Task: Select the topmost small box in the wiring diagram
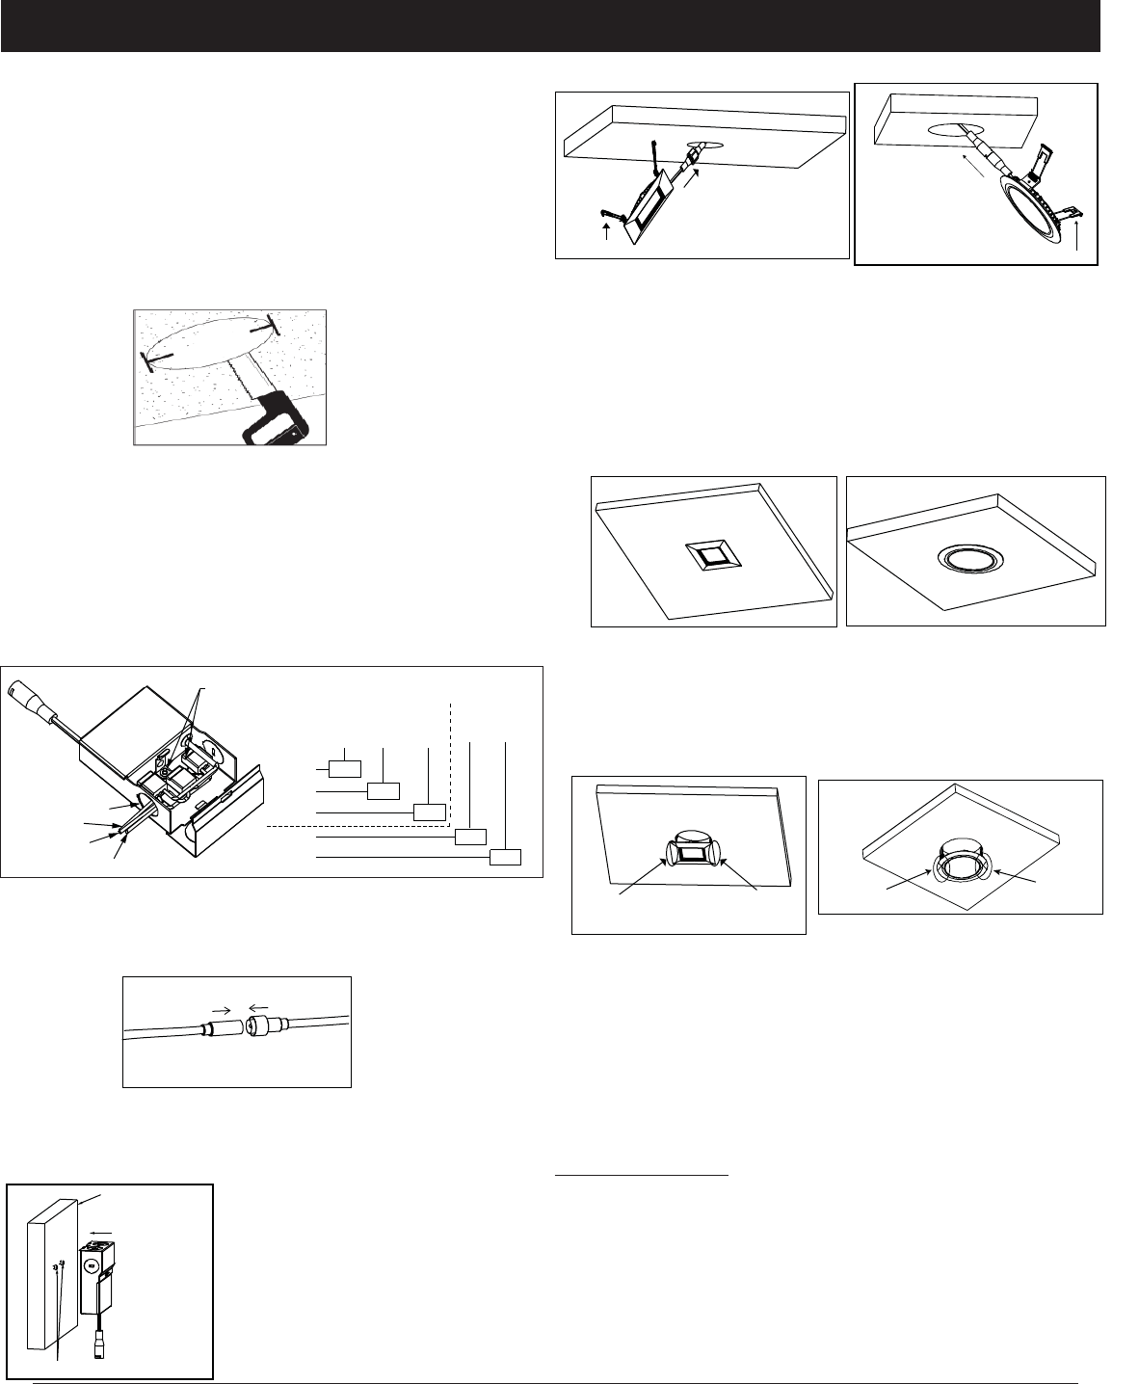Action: coord(345,768)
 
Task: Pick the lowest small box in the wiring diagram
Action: coord(506,857)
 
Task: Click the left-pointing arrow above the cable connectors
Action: coord(258,1008)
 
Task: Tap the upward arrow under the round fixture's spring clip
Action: coord(1076,237)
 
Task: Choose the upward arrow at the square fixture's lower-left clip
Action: coord(605,231)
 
